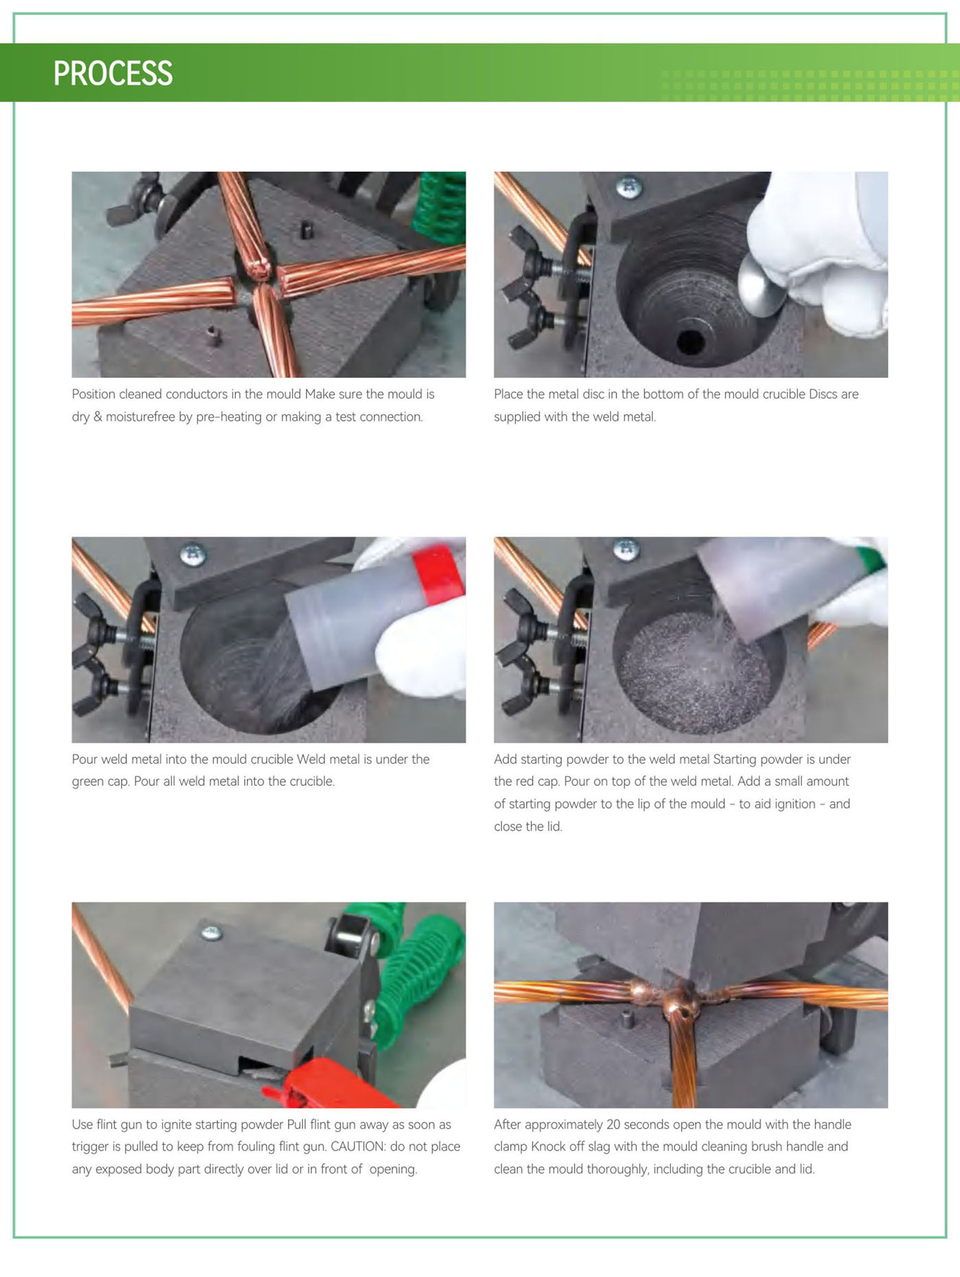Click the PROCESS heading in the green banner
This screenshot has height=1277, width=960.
[113, 73]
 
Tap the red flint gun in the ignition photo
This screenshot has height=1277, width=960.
[329, 1084]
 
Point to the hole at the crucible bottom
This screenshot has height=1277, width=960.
[691, 340]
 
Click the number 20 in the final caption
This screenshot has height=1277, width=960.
[614, 1125]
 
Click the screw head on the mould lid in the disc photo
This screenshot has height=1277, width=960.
[628, 185]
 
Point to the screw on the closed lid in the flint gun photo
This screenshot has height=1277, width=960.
[211, 932]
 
